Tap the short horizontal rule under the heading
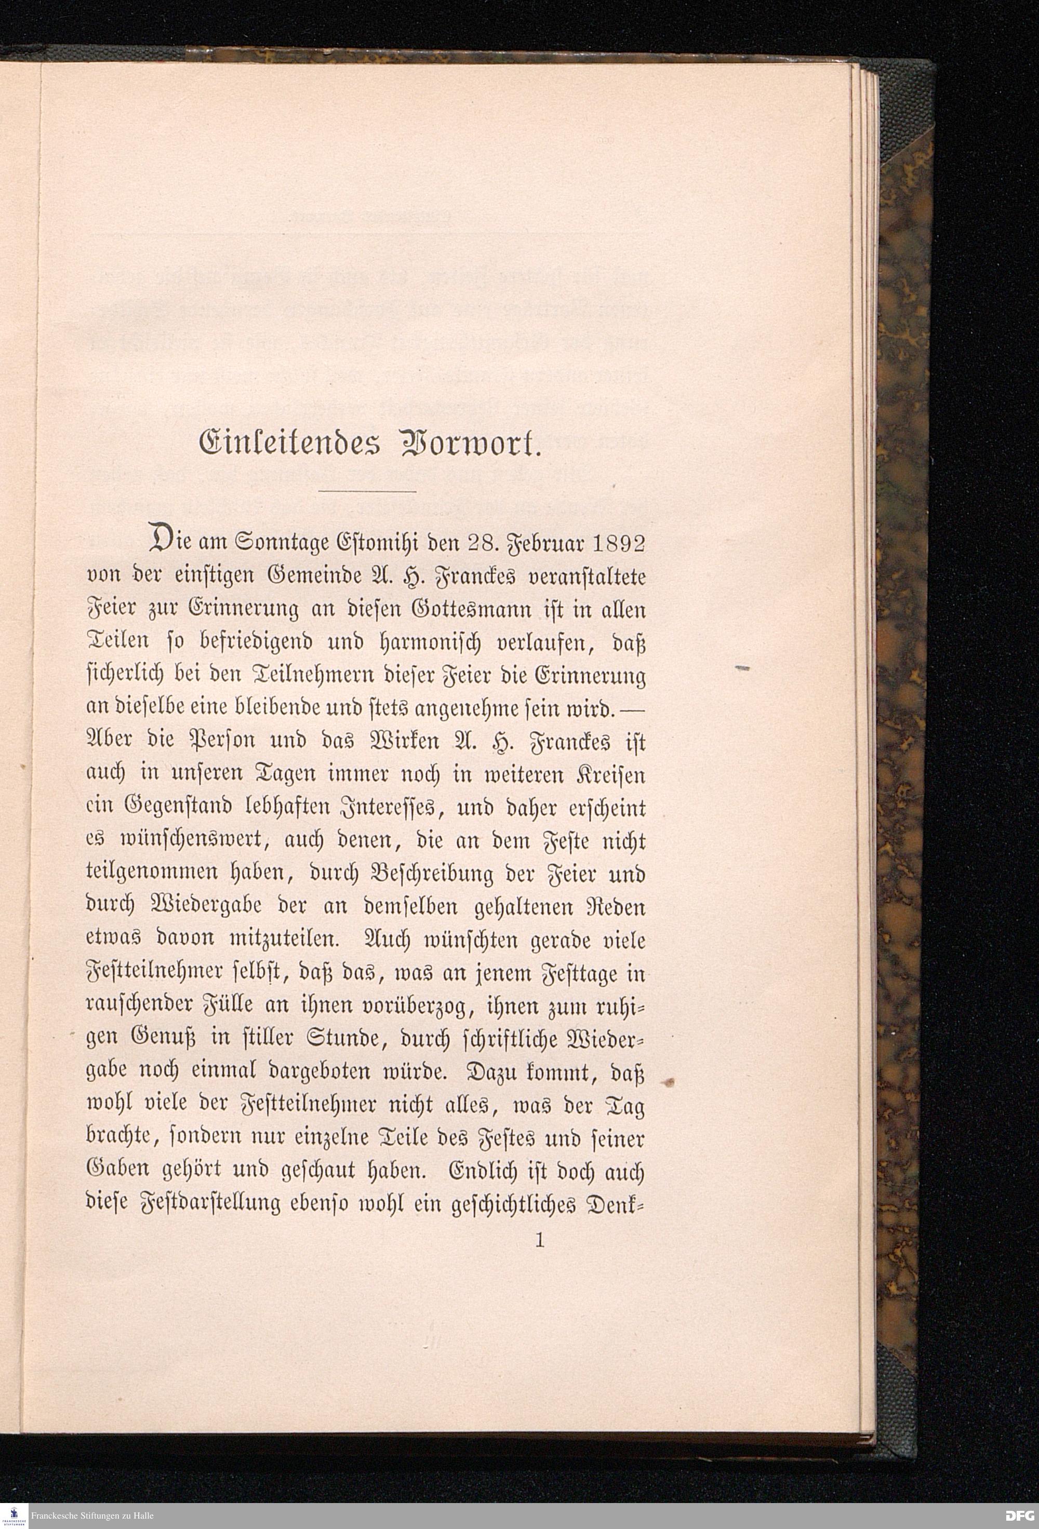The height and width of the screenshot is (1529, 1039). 367,491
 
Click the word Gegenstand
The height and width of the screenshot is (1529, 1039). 168,809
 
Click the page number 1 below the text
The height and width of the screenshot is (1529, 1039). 540,1241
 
